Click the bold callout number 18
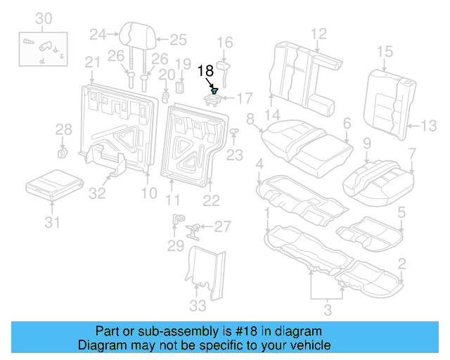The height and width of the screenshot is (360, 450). click(205, 70)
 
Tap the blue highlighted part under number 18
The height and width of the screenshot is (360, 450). click(215, 91)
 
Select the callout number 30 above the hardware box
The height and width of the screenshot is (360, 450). click(44, 18)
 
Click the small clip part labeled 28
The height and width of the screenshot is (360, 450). click(62, 150)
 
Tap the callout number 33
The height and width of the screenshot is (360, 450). click(198, 305)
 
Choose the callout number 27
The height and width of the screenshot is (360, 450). click(222, 226)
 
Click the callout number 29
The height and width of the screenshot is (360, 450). click(175, 245)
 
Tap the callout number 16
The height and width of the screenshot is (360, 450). click(224, 44)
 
